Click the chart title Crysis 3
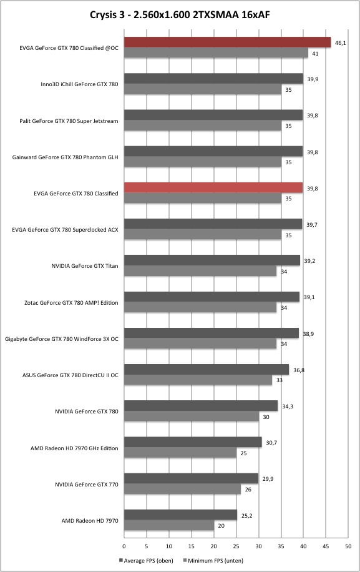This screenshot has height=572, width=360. (108, 14)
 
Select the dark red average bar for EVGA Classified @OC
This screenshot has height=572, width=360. (227, 42)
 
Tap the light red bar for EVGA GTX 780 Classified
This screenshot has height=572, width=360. (213, 187)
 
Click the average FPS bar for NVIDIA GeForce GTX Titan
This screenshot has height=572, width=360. (212, 260)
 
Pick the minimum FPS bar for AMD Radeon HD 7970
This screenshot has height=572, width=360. (169, 525)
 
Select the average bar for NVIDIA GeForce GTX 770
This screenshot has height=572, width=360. (192, 478)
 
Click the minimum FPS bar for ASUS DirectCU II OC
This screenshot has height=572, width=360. (198, 380)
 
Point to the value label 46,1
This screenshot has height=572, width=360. (340, 43)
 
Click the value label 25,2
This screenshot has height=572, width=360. (246, 515)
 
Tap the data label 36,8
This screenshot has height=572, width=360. (299, 370)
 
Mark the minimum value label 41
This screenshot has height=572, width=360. (315, 54)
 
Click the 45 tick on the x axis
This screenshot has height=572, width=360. (326, 546)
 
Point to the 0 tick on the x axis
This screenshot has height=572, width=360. (124, 546)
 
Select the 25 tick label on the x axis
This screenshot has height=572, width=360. (236, 546)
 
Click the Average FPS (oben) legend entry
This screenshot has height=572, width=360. (146, 560)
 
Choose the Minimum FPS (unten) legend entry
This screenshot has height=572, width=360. (213, 560)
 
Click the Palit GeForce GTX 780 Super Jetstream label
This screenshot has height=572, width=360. (69, 121)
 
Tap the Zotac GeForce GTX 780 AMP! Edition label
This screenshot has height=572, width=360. (71, 302)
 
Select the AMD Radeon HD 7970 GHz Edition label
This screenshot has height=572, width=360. (74, 448)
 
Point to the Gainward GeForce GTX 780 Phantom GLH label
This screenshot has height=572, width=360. (66, 157)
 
